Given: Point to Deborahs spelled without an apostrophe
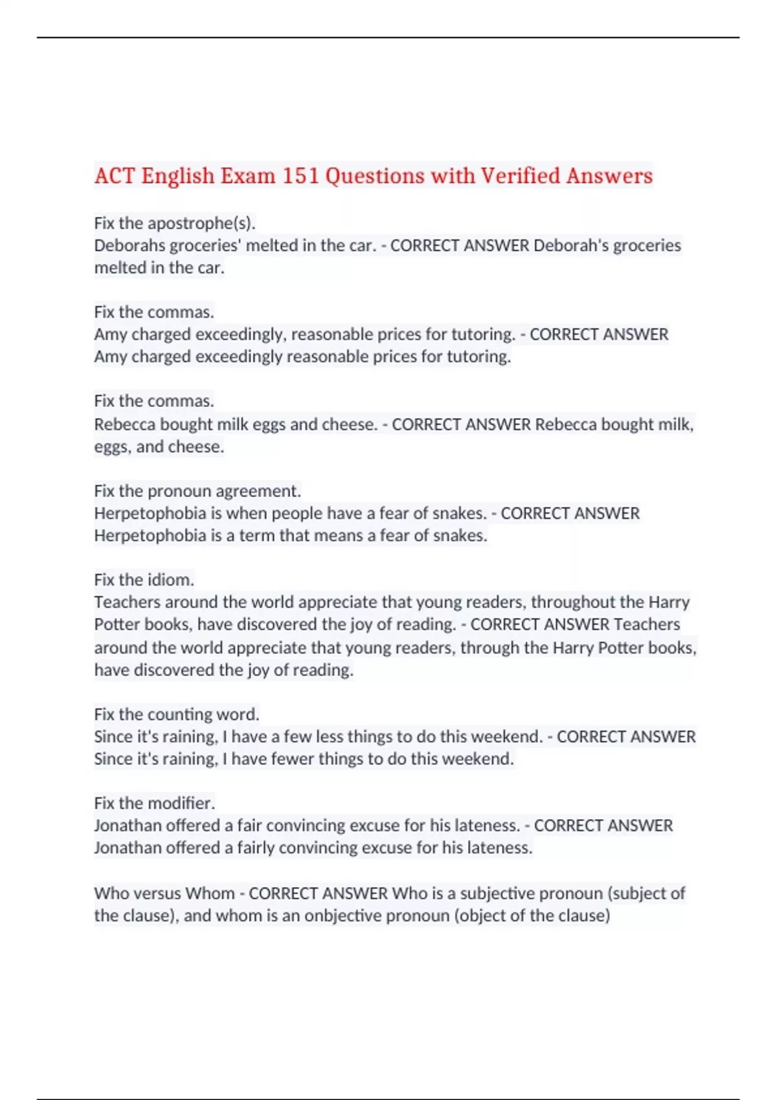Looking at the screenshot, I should (129, 246).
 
